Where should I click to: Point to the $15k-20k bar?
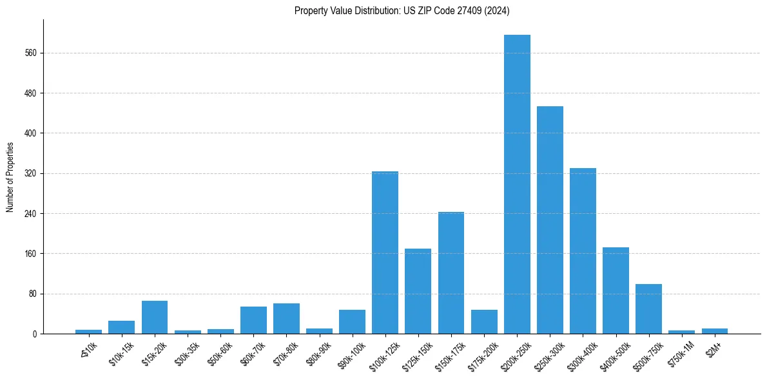coord(155,317)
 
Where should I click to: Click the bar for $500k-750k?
coord(648,309)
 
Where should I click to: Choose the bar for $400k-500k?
coord(616,290)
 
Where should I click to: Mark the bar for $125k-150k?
coord(418,291)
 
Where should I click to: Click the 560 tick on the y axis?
coord(31,53)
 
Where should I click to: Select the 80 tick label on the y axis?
coord(33,294)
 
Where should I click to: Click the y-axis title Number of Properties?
coord(10,176)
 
